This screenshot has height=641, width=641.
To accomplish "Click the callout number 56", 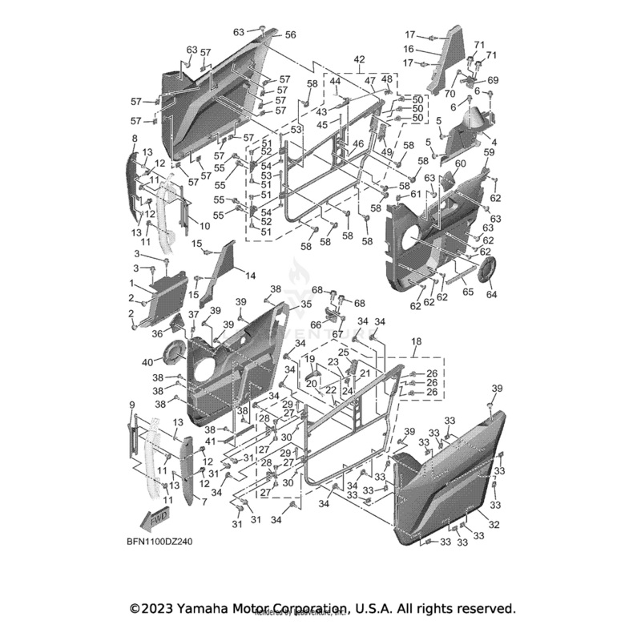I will coord(290,35).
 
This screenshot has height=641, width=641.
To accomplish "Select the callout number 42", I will coord(358,60).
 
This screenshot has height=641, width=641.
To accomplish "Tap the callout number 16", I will coord(431,49).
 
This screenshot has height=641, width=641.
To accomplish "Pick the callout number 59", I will coord(489,151).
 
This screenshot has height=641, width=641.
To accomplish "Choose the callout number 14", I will coord(250,276).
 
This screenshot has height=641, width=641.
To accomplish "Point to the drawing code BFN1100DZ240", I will coord(158,542).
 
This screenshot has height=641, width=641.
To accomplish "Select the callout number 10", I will coord(205,227).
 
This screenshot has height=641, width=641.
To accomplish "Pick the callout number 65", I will coord(468,293).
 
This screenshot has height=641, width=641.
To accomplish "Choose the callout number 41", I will coord(211,441).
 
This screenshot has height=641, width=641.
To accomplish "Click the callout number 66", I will coord(316,325).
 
